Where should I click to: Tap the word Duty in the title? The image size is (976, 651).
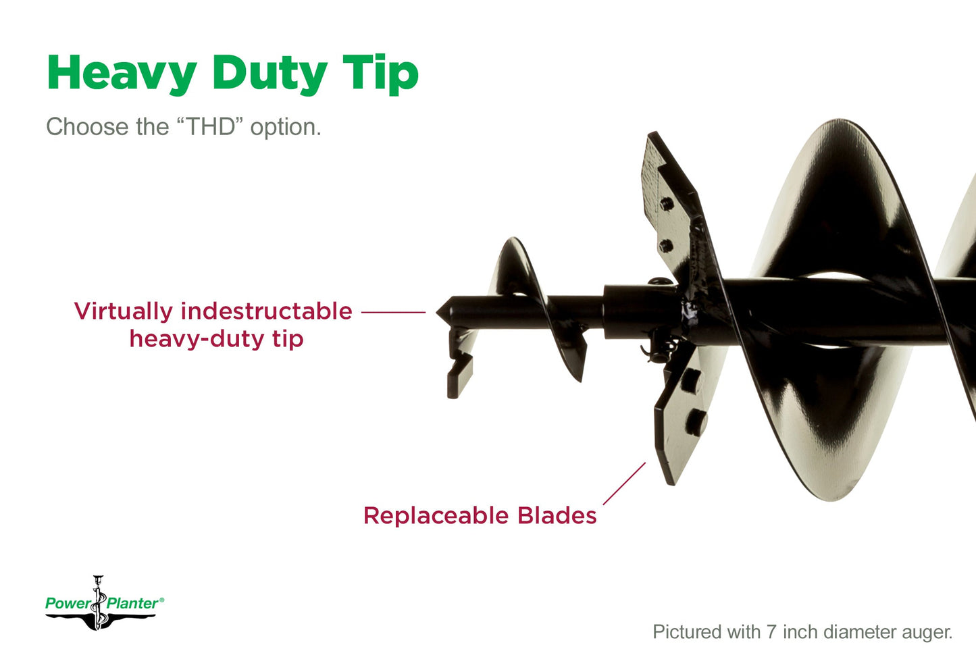tap(269, 74)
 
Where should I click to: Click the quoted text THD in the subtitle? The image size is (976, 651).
tap(210, 126)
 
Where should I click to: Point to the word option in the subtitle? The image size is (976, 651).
tap(285, 128)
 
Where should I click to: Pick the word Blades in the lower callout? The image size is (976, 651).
tap(557, 515)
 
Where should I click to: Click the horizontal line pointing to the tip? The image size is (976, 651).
tap(393, 312)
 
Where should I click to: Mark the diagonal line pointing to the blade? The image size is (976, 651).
tap(624, 484)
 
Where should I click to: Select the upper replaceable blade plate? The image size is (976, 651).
tap(669, 203)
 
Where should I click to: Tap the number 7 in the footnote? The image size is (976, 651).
tap(771, 632)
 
